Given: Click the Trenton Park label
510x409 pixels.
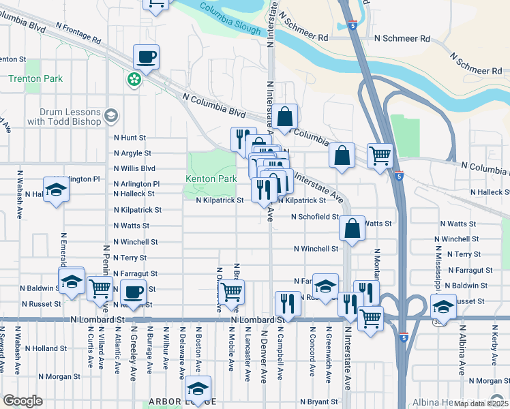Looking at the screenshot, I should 35,78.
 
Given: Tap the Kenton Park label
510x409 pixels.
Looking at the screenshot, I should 211,179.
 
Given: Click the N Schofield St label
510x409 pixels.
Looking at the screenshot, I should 314,217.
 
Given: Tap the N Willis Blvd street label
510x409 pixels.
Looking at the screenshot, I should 134,168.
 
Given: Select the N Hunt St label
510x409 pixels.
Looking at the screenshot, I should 130,138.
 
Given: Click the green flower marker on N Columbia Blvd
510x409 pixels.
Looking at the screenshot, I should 135,80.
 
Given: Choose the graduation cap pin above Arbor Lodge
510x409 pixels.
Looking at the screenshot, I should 198,388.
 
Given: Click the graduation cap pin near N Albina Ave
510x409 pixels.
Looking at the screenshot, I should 443,305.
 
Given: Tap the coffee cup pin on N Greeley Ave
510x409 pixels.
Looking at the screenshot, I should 134,292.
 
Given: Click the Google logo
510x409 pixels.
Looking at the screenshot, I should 22,401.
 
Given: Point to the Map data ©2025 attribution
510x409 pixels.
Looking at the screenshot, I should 481,404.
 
